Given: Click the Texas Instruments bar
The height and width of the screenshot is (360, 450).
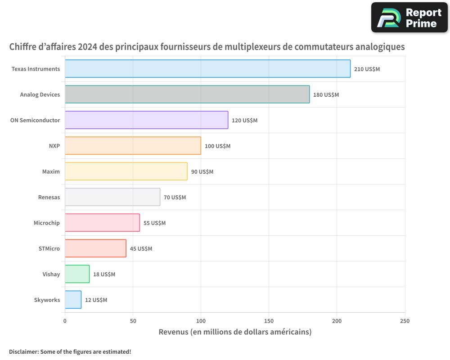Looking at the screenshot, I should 207,69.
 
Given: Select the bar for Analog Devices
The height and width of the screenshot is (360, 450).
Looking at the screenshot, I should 187,94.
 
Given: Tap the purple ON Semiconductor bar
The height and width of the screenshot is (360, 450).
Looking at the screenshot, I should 146,120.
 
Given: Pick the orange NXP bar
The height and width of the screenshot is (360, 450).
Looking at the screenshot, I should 133,146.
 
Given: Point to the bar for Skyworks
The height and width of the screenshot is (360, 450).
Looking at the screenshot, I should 73,300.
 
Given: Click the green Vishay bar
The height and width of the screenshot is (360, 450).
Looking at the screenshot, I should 77,274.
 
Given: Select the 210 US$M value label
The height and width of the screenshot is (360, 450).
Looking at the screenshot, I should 367,69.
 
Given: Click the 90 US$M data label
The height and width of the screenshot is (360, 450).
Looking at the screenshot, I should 202,172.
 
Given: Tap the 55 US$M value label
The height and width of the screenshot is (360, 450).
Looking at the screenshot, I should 154,223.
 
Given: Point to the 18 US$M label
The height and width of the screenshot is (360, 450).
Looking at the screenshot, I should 104,274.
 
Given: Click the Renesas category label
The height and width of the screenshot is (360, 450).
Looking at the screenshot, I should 49,197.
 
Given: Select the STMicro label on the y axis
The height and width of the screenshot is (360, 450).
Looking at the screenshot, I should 49,248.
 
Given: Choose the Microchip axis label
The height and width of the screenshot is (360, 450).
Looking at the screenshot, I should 46,223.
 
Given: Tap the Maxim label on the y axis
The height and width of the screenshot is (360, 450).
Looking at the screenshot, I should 51,171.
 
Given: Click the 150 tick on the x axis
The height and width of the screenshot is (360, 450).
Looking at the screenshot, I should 269,321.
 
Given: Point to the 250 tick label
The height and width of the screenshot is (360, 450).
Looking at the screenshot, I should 405,321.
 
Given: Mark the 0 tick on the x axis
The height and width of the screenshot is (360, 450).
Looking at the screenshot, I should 65,321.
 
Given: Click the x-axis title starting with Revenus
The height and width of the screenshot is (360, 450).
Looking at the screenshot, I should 235,332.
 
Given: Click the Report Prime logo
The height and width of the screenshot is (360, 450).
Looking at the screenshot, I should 409,18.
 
